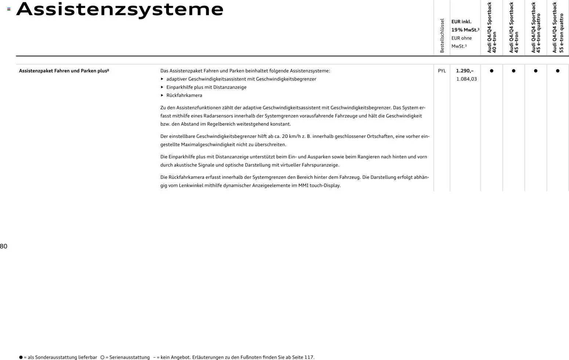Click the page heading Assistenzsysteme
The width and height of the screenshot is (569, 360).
pos(120,10)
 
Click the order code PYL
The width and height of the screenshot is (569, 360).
pos(442,71)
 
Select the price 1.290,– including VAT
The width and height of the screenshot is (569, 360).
pos(464,71)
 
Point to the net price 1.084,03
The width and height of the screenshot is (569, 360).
pos(466,79)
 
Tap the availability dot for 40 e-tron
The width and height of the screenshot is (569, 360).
pos(492,71)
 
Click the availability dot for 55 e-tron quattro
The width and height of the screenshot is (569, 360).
pos(558,71)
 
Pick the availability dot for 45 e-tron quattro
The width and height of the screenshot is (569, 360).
pos(536,71)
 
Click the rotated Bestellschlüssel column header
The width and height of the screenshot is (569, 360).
pos(442,36)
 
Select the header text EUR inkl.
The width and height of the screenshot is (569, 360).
pos(461,22)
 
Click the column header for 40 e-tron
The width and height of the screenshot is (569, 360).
pos(492,28)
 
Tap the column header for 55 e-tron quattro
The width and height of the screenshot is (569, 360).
pos(558,28)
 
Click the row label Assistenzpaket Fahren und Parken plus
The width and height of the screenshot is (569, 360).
pos(64,71)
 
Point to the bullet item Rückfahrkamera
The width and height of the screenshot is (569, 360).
pos(184,95)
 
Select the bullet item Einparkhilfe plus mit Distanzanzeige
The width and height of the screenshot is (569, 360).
pos(206,87)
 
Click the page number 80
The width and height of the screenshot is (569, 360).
pos(4,246)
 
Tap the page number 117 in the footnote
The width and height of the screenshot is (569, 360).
pos(308,357)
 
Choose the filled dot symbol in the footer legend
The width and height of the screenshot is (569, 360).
pos(21,357)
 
